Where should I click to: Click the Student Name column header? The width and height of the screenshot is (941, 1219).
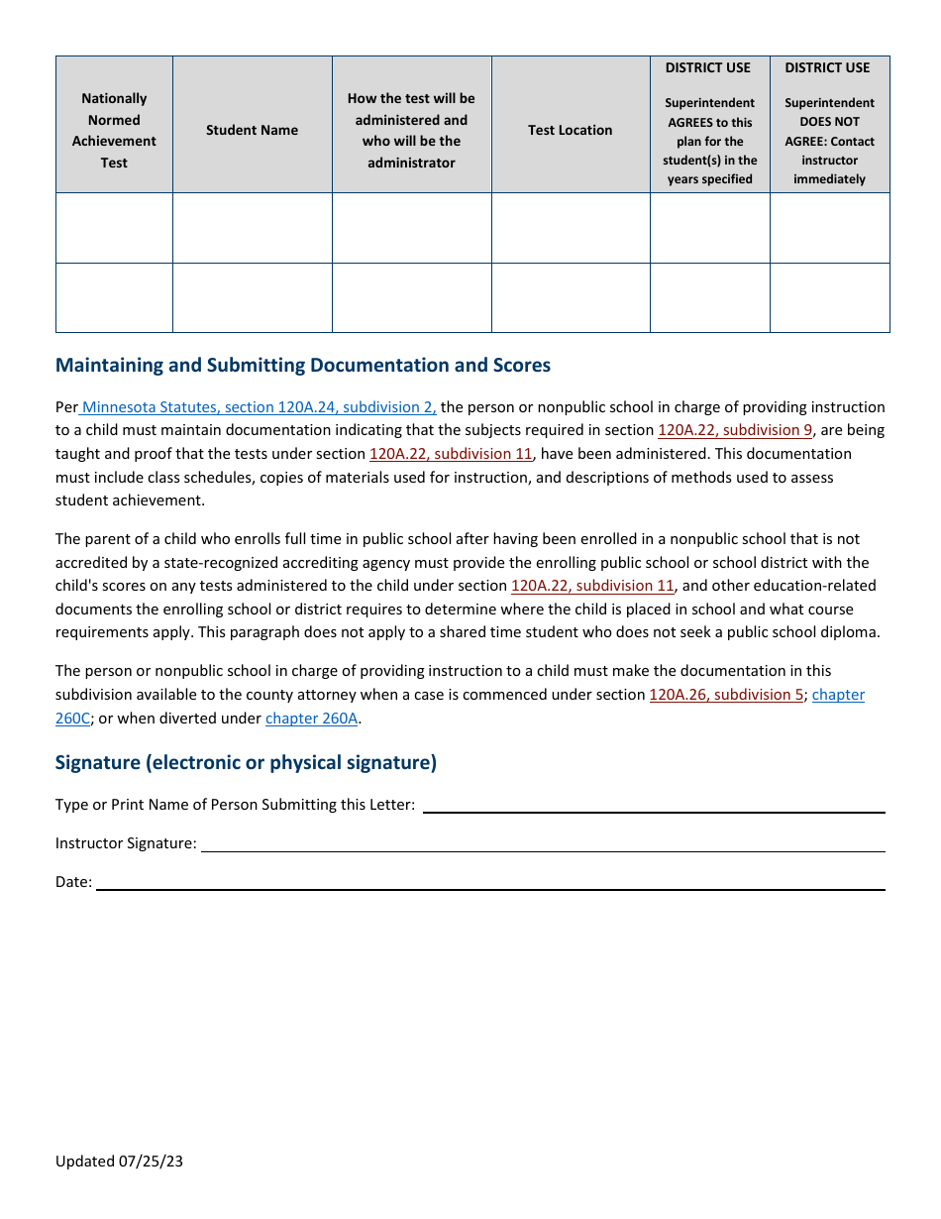click(252, 130)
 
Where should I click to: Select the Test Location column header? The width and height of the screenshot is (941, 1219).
click(570, 130)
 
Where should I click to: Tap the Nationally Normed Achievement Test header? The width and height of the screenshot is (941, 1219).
click(114, 130)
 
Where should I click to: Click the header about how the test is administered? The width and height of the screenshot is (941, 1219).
click(411, 130)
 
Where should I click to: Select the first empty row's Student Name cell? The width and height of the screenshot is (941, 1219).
click(252, 228)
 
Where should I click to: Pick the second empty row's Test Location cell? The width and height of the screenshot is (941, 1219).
click(570, 297)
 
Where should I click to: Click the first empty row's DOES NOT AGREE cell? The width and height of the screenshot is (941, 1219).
click(829, 228)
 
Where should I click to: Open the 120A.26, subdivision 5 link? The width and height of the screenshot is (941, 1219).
click(726, 695)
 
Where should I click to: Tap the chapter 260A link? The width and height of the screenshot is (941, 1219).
click(311, 719)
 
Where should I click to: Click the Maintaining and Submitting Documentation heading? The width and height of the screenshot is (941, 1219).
click(302, 365)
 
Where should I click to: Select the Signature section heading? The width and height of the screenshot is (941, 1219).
click(246, 762)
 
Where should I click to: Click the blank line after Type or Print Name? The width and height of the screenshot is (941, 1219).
click(654, 806)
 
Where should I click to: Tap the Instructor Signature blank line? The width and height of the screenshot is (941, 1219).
click(543, 844)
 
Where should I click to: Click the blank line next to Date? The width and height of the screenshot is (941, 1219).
click(490, 883)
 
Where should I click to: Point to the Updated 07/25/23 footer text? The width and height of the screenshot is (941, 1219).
click(119, 1161)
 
